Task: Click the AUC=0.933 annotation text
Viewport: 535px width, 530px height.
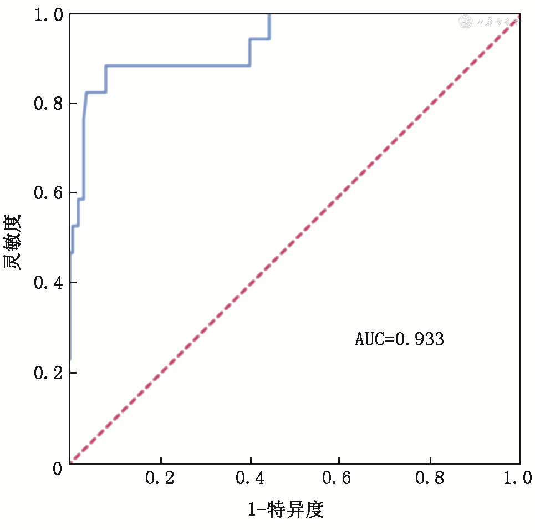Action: (399, 339)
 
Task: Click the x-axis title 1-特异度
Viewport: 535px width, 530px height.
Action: (286, 509)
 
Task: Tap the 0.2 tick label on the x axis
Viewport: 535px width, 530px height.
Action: (160, 478)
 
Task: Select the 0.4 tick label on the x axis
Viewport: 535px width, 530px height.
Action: (251, 478)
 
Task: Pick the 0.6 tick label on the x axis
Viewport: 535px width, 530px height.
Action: (340, 478)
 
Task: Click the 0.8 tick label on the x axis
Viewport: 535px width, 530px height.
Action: (431, 478)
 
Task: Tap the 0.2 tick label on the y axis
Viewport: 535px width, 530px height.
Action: (48, 373)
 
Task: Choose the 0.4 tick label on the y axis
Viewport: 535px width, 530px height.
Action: (48, 283)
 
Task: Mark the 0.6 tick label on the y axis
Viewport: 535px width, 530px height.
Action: (48, 193)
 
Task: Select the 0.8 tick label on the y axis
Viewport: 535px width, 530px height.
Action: (48, 104)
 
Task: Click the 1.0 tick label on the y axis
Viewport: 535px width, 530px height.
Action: (48, 14)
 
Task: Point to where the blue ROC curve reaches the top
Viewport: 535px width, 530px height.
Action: (269, 15)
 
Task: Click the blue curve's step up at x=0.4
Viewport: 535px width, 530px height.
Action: (250, 52)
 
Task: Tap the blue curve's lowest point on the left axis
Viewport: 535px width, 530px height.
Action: (70, 359)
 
